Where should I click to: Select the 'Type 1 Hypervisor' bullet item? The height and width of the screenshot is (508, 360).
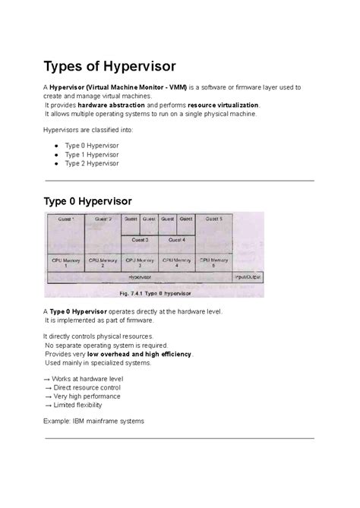click(x=91, y=153)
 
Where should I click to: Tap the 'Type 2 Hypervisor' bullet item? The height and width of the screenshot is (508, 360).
click(x=91, y=163)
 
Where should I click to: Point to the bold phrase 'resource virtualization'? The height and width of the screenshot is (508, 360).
click(x=223, y=105)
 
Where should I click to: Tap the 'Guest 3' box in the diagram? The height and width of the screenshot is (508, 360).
click(x=141, y=239)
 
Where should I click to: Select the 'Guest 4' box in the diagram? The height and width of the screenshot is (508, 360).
click(x=177, y=239)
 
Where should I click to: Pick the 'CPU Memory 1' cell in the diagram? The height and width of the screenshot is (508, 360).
click(x=65, y=263)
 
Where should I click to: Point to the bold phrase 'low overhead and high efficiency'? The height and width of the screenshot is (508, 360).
click(x=140, y=354)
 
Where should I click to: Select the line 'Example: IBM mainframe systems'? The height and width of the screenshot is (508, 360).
click(x=93, y=421)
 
